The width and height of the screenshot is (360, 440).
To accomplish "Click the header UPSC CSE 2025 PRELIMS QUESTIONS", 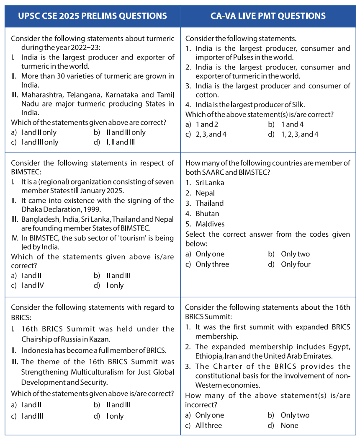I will [92, 16].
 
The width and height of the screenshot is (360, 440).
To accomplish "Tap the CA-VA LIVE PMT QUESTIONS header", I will [268, 16].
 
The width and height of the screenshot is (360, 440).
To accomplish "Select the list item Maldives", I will [210, 224].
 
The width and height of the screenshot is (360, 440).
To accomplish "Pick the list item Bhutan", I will [207, 214].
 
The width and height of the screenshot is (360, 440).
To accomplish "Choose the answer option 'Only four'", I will [296, 264].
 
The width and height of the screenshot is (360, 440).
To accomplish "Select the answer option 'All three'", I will [208, 426].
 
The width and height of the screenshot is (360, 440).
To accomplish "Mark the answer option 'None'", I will [290, 426].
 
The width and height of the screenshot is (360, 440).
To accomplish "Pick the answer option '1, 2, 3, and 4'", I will [300, 135].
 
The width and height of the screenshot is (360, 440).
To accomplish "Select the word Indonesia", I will [38, 350].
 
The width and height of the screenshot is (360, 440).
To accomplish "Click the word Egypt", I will [339, 347].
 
